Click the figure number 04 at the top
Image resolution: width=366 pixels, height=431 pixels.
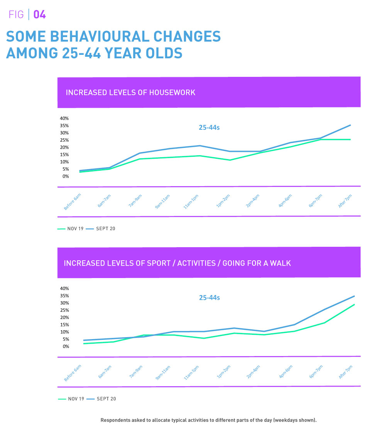point(40,15)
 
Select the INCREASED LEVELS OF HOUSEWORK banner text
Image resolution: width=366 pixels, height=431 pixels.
point(130,93)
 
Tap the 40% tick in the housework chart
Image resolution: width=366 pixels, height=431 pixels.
point(64,119)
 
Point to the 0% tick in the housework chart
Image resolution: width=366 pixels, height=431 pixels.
point(66,176)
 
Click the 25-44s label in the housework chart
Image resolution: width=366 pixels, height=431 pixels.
point(209,127)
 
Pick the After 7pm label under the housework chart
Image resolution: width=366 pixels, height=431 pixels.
point(345,201)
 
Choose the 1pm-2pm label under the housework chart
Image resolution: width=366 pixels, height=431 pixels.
point(224,202)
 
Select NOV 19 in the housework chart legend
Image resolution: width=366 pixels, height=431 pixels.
point(75,229)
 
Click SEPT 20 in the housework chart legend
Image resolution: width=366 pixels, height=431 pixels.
point(105,229)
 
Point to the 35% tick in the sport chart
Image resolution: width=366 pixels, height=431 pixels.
point(64,296)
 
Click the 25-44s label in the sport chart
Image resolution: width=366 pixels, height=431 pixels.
point(209,298)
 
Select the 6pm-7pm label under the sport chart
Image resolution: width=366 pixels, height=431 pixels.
point(315,372)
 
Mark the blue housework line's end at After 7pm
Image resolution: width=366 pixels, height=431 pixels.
point(350,125)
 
